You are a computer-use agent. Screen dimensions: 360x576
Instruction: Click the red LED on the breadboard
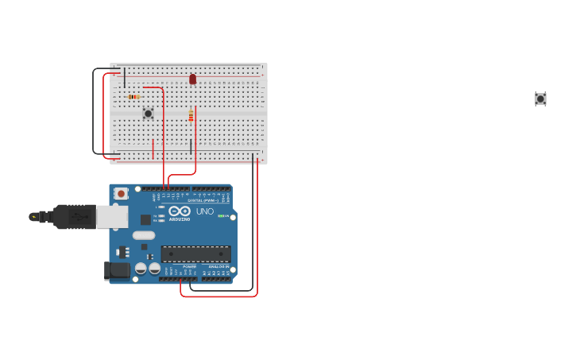click(192, 79)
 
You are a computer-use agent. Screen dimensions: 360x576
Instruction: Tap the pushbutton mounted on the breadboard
click(148, 114)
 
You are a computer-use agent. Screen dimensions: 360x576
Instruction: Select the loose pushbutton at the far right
click(540, 99)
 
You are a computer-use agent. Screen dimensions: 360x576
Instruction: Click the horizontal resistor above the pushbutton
click(133, 97)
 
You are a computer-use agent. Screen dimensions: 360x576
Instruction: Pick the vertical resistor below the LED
click(191, 116)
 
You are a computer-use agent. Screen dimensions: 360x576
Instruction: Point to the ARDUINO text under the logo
click(180, 219)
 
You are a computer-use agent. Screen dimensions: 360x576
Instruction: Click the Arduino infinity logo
click(180, 211)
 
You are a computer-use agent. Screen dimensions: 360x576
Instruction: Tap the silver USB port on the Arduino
click(112, 216)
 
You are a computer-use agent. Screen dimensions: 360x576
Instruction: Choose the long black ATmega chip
click(196, 254)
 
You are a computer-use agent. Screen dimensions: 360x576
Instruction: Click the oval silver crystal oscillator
click(144, 235)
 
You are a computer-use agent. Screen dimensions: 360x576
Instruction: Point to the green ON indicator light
click(221, 215)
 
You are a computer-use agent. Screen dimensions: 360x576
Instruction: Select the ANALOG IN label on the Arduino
click(218, 266)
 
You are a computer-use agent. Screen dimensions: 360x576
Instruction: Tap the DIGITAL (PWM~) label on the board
click(200, 200)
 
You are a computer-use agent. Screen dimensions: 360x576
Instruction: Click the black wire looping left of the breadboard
click(94, 111)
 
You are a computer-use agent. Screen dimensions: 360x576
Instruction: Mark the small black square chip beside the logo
click(145, 219)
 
